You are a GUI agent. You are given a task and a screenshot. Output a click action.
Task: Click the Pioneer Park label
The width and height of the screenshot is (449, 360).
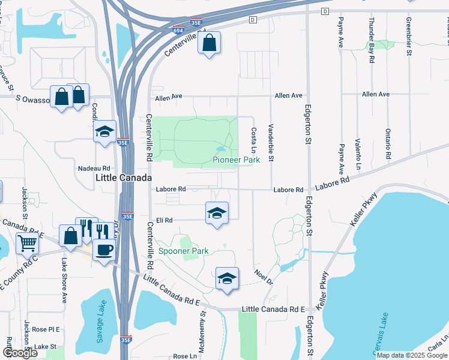pos(237,160)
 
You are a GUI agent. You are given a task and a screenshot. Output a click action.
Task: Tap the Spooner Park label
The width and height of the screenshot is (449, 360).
pos(183,250)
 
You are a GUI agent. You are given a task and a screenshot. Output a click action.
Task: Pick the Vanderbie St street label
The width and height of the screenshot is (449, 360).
pos(271,142)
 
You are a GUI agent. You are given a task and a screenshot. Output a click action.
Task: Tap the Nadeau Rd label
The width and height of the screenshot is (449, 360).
pos(94,169)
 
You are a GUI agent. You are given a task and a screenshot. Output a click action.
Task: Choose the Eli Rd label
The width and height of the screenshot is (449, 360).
pos(164,220)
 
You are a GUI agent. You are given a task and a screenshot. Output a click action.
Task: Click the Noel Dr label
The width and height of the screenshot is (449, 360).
pos(264,277)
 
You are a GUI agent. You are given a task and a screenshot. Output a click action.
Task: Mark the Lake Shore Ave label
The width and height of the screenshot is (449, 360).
pos(64,280)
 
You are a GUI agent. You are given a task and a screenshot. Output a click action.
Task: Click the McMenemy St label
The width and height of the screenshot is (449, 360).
pos(203,329)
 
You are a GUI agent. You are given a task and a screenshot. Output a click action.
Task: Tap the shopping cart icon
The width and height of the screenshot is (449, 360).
pos(27,243)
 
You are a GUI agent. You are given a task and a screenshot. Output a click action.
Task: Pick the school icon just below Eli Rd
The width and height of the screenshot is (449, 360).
pos(217,212)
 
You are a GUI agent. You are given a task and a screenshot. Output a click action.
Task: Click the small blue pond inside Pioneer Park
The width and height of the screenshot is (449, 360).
pos(221,149)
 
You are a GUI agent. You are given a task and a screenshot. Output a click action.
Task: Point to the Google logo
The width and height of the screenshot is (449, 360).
pos(20,353)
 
